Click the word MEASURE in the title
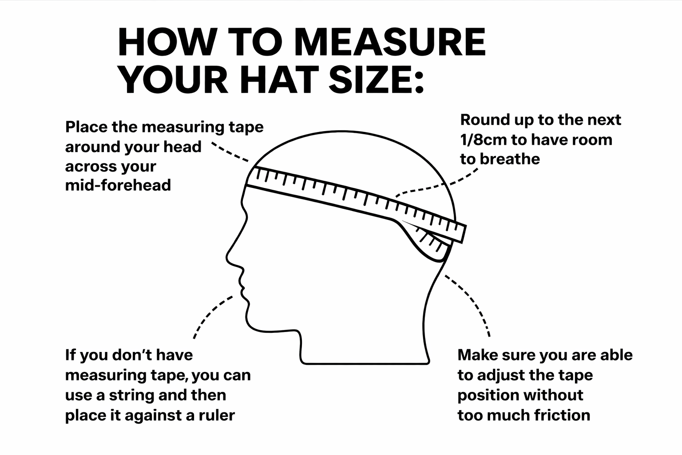tap(390, 42)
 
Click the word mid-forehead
tap(118, 185)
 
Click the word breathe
tap(510, 159)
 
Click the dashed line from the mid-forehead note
tap(230, 152)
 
